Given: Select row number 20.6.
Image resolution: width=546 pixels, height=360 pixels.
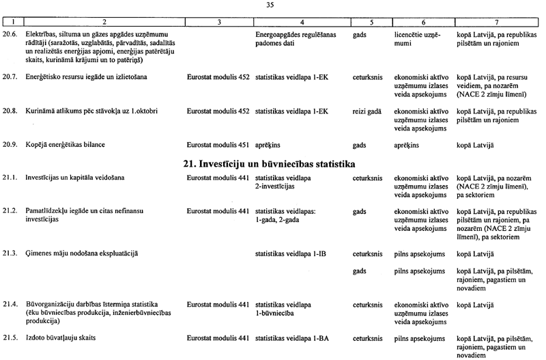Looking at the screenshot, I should pyautogui.click(x=10, y=33).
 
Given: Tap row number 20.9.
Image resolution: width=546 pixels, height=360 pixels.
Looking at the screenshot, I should pyautogui.click(x=10, y=146).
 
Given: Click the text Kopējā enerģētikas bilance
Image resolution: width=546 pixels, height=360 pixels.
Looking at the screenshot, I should pyautogui.click(x=65, y=146).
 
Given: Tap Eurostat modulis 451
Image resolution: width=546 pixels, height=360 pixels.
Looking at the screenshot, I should pyautogui.click(x=216, y=146).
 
